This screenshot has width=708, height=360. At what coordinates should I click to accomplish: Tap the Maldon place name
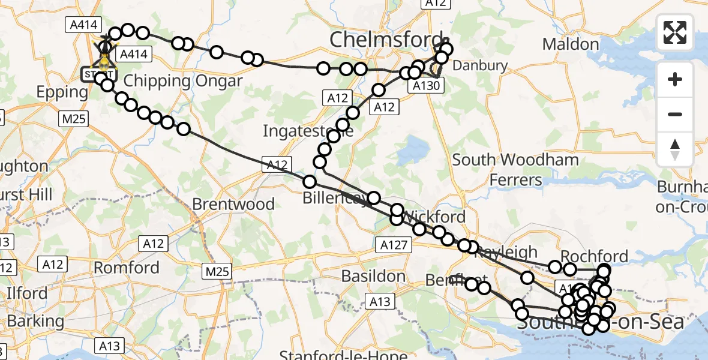point(570,44)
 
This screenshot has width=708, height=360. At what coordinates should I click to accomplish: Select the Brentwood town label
point(233,204)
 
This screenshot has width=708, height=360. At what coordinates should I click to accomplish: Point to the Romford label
point(126,267)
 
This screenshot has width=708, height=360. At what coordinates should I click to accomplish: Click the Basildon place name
point(373,277)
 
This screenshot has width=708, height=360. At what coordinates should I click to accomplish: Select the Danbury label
point(480,66)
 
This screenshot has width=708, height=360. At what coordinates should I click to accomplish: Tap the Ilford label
point(27,293)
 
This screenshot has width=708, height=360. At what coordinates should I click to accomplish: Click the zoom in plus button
point(675,80)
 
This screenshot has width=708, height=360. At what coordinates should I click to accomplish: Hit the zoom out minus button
point(675,114)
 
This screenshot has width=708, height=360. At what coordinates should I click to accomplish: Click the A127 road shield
point(394,244)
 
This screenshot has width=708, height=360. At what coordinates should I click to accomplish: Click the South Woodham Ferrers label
point(515,169)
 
